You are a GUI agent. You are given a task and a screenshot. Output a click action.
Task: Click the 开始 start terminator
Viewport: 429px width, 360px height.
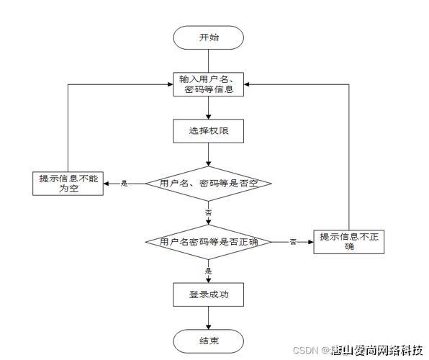pyautogui.click(x=209, y=37)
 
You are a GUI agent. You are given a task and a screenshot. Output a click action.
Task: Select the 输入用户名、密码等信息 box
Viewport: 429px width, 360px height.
pyautogui.click(x=209, y=85)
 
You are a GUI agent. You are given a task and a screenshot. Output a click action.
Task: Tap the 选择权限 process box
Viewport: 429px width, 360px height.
pyautogui.click(x=209, y=131)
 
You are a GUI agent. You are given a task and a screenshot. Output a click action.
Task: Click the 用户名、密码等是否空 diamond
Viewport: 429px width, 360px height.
pyautogui.click(x=209, y=184)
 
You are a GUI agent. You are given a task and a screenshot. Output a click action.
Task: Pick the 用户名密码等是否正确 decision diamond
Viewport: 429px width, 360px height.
pyautogui.click(x=209, y=243)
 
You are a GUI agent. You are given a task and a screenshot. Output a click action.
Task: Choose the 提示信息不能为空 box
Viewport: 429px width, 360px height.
pyautogui.click(x=68, y=184)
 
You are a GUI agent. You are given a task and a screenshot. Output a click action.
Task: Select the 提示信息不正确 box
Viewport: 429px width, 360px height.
pyautogui.click(x=349, y=242)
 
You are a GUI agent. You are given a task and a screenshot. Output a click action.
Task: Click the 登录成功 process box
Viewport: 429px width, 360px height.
pyautogui.click(x=209, y=294)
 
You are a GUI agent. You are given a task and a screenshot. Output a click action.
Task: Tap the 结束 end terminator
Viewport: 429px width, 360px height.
pyautogui.click(x=209, y=340)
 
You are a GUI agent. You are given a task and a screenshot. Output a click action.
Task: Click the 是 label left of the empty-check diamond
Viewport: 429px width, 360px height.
pyautogui.click(x=124, y=184)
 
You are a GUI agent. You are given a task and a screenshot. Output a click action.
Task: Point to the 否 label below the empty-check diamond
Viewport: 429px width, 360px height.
pyautogui.click(x=208, y=214)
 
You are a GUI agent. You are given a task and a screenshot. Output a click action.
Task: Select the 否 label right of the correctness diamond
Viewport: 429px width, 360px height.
pyautogui.click(x=293, y=242)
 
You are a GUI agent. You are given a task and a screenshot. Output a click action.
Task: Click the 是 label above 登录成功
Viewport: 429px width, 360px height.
pyautogui.click(x=208, y=271)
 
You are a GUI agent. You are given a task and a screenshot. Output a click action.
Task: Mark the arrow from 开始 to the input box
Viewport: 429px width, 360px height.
pyautogui.click(x=209, y=60)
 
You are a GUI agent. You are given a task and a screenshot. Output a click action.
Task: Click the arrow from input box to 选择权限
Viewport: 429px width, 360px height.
pyautogui.click(x=209, y=108)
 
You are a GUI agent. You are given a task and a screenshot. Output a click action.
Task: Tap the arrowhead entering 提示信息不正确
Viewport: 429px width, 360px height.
pyautogui.click(x=310, y=243)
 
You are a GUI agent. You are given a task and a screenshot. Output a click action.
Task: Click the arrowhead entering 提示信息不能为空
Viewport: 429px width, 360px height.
pyautogui.click(x=105, y=184)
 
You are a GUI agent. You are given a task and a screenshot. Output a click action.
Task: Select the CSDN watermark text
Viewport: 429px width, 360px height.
pyautogui.click(x=305, y=351)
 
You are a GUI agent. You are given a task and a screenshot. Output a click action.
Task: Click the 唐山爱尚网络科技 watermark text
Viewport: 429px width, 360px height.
pyautogui.click(x=376, y=351)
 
